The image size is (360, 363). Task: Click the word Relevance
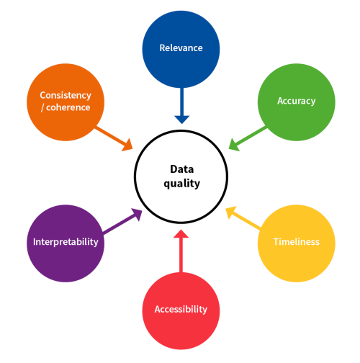pos(181,48)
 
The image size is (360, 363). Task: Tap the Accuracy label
pos(297,101)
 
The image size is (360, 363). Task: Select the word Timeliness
pos(297,242)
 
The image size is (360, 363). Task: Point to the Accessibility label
pos(181,309)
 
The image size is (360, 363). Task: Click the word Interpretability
pos(66,242)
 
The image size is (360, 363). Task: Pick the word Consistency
pos(66,96)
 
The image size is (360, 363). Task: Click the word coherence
pos(68,107)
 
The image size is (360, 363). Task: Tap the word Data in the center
pos(182,169)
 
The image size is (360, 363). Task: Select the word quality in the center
pos(182,184)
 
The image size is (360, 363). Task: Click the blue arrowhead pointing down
pos(182,120)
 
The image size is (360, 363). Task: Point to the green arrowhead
pos(233,145)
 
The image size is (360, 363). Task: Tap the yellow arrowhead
pos(230,212)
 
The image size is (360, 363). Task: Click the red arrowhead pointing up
pos(181,234)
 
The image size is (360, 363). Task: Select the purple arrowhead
pos(138,214)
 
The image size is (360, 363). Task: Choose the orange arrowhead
pos(127,145)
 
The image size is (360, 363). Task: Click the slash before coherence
pos(42,108)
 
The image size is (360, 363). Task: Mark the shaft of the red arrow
pos(181,255)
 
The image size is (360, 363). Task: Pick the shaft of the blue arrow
pos(182,102)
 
